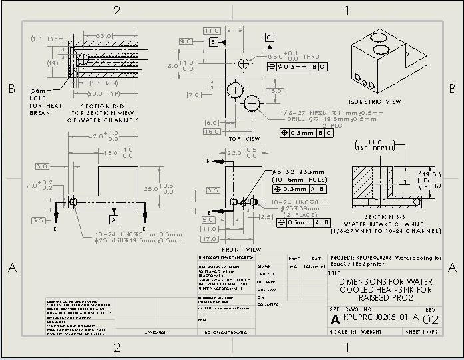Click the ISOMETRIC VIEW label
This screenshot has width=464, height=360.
click(x=375, y=102)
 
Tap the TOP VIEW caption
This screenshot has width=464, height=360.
click(x=244, y=138)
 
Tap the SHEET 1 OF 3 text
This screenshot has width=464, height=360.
click(x=422, y=331)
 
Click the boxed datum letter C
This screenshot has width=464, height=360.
click(x=268, y=37)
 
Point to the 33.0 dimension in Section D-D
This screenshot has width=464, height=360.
click(x=105, y=35)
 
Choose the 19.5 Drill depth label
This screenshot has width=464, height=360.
click(x=429, y=180)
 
